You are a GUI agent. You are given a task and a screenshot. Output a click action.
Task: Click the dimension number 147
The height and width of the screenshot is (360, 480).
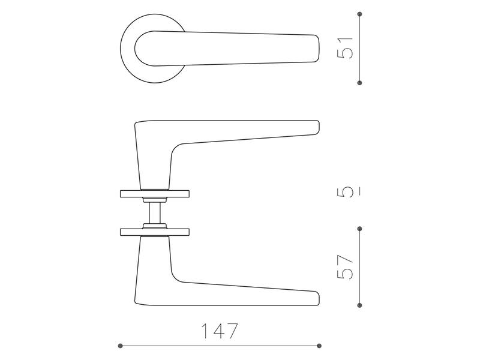pyautogui.click(x=219, y=331)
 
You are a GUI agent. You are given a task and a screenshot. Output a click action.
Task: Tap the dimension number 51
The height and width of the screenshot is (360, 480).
pyautogui.click(x=345, y=48)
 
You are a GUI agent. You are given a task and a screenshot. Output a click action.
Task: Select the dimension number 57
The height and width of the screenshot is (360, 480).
pyautogui.click(x=345, y=267)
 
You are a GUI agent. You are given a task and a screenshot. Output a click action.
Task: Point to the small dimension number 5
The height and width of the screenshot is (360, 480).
pyautogui.click(x=345, y=193)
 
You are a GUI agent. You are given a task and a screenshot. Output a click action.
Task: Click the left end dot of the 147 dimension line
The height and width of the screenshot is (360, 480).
pyautogui.click(x=121, y=346)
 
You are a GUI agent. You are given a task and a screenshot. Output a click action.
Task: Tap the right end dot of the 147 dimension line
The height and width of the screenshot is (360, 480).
pyautogui.click(x=319, y=346)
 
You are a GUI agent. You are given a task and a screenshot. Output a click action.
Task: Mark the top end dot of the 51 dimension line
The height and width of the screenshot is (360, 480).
pyautogui.click(x=359, y=14)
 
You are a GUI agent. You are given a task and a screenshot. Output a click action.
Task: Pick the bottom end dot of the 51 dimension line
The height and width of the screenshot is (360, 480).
pyautogui.click(x=359, y=83)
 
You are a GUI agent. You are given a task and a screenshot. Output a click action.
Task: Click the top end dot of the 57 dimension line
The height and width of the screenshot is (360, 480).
pyautogui.click(x=359, y=229)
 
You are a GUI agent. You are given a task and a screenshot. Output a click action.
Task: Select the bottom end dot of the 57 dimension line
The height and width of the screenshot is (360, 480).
pyautogui.click(x=359, y=305)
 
